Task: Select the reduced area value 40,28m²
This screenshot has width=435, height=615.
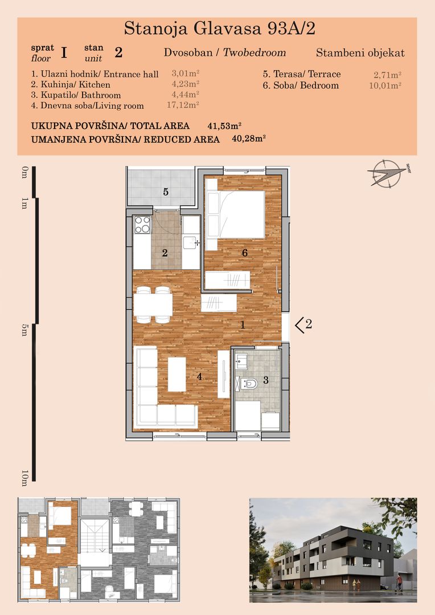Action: [x=249, y=138]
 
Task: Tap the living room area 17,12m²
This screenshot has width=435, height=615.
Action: [x=185, y=105]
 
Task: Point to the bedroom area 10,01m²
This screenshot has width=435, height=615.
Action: [x=385, y=85]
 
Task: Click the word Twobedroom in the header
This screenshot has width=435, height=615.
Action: [x=254, y=53]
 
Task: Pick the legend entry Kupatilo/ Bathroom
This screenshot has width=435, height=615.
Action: [x=76, y=95]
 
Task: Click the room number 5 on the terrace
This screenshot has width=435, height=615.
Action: [x=166, y=192]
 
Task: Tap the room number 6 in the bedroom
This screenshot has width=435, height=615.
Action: [x=245, y=252]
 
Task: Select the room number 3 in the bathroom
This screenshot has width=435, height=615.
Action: [x=265, y=380]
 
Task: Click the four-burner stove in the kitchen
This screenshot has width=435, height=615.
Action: [x=142, y=225]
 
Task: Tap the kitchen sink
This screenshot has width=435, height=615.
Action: [x=190, y=243]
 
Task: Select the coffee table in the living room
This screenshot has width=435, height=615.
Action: [x=177, y=374]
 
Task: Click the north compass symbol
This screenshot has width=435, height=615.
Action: [x=385, y=174]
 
